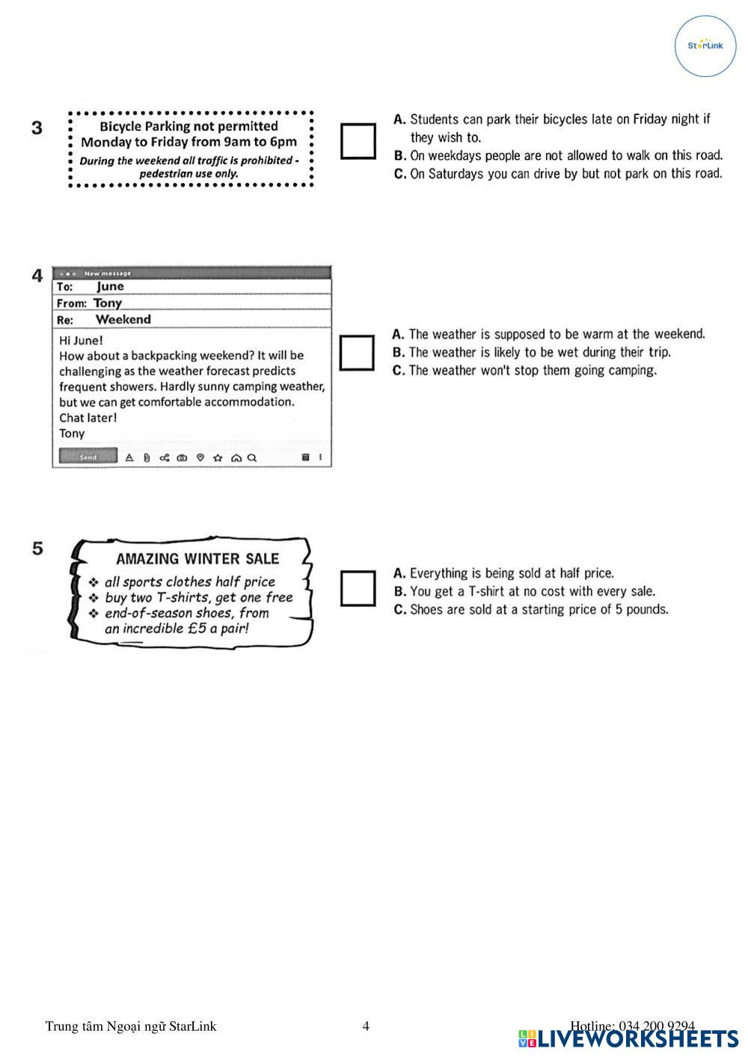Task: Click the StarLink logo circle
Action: [x=705, y=46]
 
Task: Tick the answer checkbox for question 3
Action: [x=358, y=141]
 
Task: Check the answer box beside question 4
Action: [x=357, y=353]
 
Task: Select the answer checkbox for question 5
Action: [x=358, y=588]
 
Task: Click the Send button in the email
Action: [x=88, y=457]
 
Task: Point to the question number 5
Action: [x=37, y=549]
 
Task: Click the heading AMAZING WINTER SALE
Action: [x=197, y=558]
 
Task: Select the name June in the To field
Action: [x=110, y=286]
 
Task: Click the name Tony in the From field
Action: [x=108, y=303]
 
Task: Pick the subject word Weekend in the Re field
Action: [x=123, y=319]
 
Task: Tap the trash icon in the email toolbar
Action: [x=305, y=457]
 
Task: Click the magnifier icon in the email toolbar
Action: [x=252, y=457]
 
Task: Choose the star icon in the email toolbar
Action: [x=218, y=457]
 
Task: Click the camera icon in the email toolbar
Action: [x=182, y=457]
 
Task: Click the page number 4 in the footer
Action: [x=366, y=1026]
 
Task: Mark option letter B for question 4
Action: [x=399, y=353]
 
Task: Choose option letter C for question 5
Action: [x=399, y=610]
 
